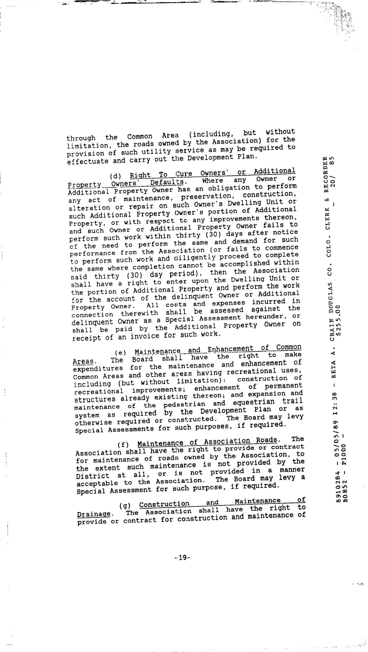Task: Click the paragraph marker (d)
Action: pyautogui.click(x=115, y=176)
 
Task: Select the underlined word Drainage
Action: pyautogui.click(x=94, y=514)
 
